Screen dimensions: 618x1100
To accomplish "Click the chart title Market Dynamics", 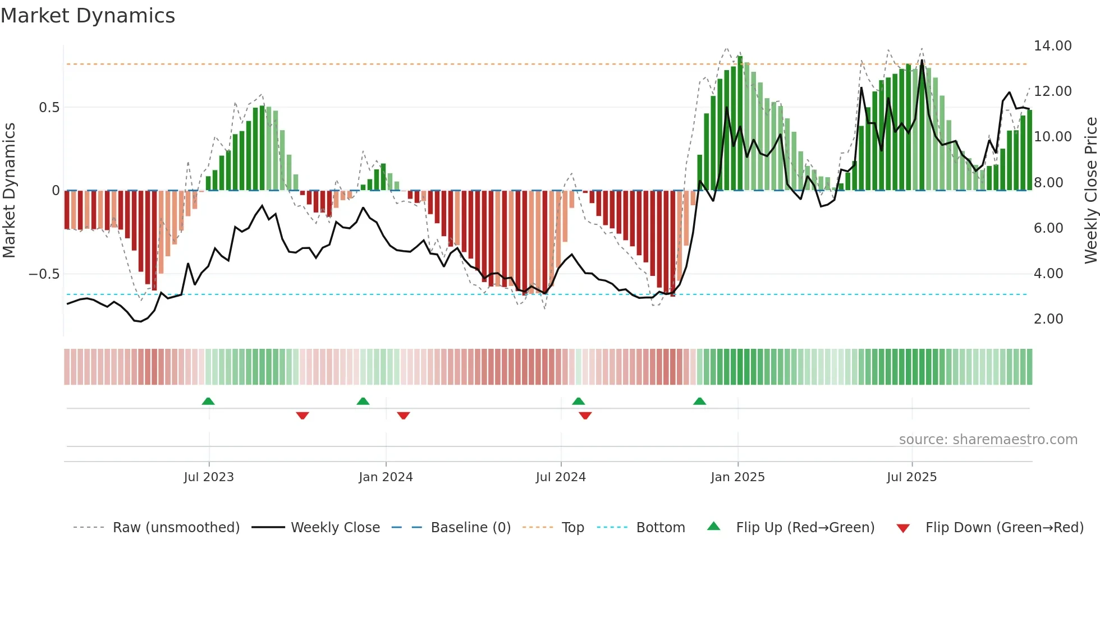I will point(88,16).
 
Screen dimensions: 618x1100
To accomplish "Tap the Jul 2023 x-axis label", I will point(208,477).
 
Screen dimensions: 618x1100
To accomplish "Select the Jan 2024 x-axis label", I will point(386,477).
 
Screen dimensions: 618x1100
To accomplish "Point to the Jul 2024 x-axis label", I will point(561,477).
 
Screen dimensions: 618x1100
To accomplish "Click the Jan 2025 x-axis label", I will point(737,477).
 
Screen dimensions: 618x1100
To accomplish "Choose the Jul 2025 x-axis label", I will point(911,477).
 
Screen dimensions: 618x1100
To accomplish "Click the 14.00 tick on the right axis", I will point(1052,46).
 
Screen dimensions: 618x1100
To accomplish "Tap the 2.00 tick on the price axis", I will point(1048,319).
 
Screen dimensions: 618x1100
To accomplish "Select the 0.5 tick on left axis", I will point(49,108).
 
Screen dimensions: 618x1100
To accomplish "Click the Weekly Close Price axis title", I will point(1090,190).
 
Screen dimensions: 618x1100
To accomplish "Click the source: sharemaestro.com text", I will point(988,440).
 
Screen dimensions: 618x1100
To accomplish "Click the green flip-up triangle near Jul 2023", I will point(208,402).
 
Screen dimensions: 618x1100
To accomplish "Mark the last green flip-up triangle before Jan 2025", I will point(699,402).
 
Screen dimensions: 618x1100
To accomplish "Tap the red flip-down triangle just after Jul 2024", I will point(585,416).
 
